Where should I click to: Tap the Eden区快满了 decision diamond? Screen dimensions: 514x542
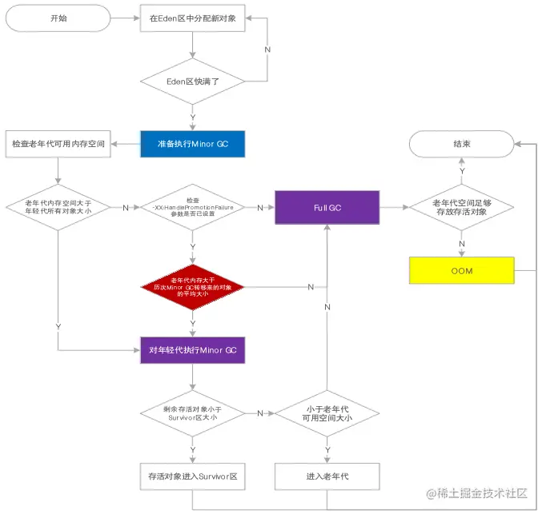pyautogui.click(x=191, y=81)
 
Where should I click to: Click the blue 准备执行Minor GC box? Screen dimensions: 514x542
pyautogui.click(x=191, y=144)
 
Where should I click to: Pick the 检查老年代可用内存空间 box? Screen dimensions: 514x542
pyautogui.click(x=58, y=144)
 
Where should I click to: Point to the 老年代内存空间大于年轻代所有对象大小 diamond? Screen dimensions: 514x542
pyautogui.click(x=58, y=207)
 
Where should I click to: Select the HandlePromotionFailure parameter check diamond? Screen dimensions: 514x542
pyautogui.click(x=191, y=207)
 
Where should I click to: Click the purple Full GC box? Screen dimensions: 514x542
pyautogui.click(x=327, y=207)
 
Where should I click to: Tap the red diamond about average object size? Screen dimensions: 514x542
pyautogui.click(x=191, y=285)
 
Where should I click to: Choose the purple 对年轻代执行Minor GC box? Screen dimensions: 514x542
pyautogui.click(x=191, y=350)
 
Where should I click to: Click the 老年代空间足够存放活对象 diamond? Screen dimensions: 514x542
pyautogui.click(x=461, y=207)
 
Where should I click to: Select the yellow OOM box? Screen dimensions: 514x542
pyautogui.click(x=461, y=270)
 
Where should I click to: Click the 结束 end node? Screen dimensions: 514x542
pyautogui.click(x=461, y=144)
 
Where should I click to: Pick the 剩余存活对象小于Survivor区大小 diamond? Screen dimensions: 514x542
pyautogui.click(x=191, y=413)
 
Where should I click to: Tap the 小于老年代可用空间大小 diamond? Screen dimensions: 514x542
pyautogui.click(x=327, y=413)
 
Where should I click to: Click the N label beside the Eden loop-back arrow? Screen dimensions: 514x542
pyautogui.click(x=268, y=49)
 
